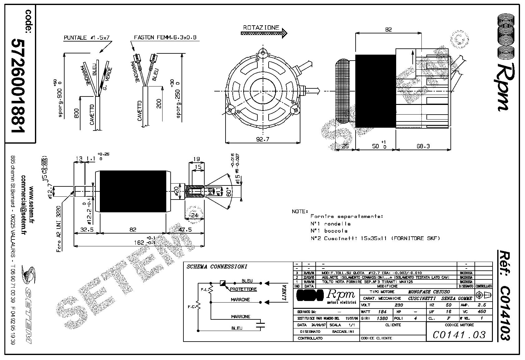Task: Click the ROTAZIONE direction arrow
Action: (x=265, y=32)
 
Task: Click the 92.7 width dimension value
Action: (x=263, y=139)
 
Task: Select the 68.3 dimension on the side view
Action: (x=423, y=146)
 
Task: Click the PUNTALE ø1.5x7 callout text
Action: (x=87, y=38)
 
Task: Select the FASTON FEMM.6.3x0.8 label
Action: (x=165, y=37)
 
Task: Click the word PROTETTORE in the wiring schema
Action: (x=243, y=289)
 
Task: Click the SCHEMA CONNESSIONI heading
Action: (x=216, y=267)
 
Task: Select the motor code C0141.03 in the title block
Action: (x=459, y=335)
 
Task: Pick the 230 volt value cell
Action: (x=399, y=305)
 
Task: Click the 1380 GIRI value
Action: (x=382, y=318)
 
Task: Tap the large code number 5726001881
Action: (x=18, y=86)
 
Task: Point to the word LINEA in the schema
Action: (x=284, y=293)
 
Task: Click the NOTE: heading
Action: (x=300, y=211)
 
